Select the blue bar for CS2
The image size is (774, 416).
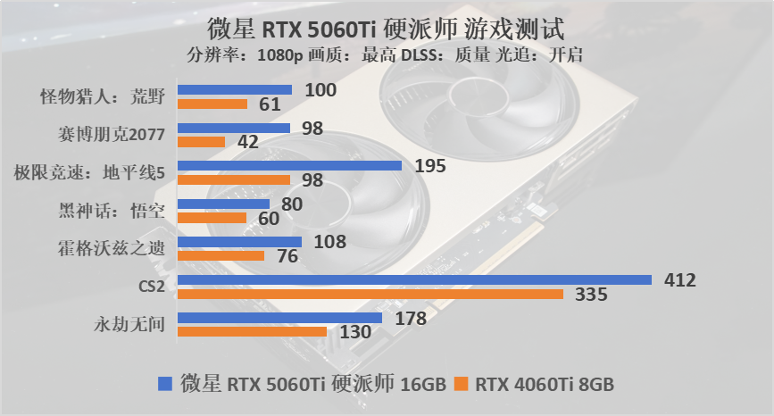pyautogui.click(x=415, y=280)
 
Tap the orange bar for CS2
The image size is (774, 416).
pyautogui.click(x=370, y=294)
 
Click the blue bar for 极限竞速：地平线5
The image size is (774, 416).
pyautogui.click(x=290, y=165)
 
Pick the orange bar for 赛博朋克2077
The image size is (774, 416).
pyautogui.click(x=202, y=141)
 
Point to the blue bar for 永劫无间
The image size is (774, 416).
pyautogui.click(x=280, y=318)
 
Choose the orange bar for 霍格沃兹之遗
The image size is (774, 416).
pyautogui.click(x=221, y=255)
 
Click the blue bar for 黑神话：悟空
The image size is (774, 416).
pyautogui.click(x=212, y=204)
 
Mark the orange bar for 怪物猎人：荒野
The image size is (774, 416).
pyautogui.click(x=212, y=104)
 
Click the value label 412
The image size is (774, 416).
pyautogui.click(x=680, y=280)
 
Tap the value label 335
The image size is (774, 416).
pyautogui.click(x=592, y=295)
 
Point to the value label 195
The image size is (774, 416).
pyautogui.click(x=430, y=166)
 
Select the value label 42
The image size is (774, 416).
pyautogui.click(x=249, y=142)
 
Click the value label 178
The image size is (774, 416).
pyautogui.click(x=411, y=318)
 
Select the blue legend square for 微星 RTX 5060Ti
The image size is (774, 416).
pyautogui.click(x=164, y=385)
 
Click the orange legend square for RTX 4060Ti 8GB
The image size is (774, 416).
pyautogui.click(x=461, y=385)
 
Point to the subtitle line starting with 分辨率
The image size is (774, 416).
pyautogui.click(x=387, y=54)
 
